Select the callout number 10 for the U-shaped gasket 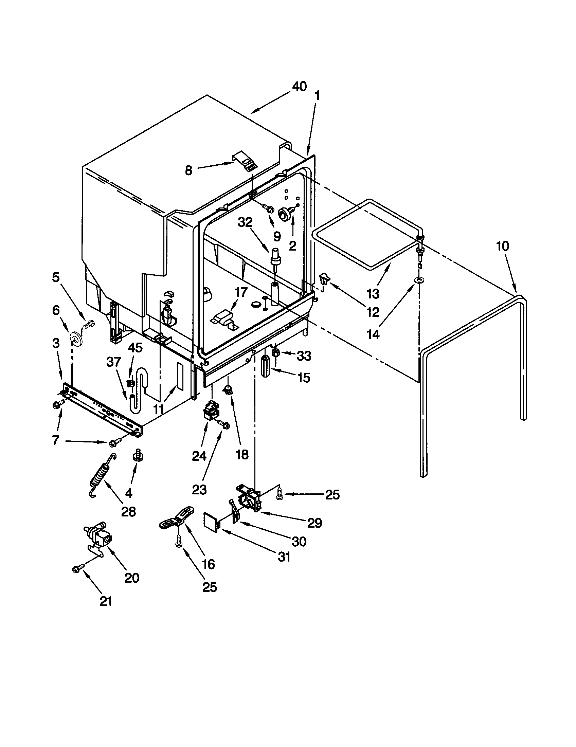pyautogui.click(x=502, y=246)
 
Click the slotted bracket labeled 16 pyautogui.click(x=177, y=519)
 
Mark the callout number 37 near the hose pyautogui.click(x=114, y=362)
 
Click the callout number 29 pyautogui.click(x=315, y=523)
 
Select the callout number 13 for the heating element pyautogui.click(x=373, y=293)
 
